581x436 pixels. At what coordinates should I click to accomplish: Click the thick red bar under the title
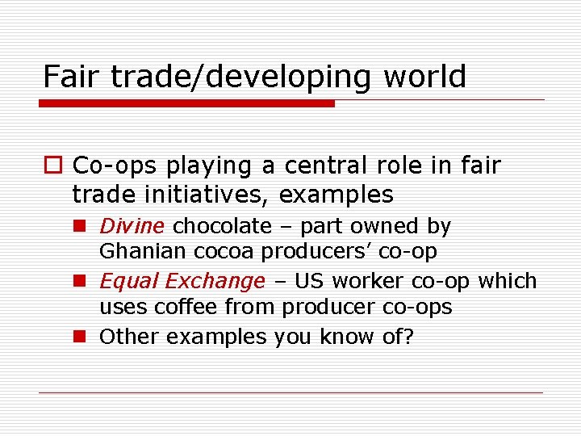click(x=186, y=103)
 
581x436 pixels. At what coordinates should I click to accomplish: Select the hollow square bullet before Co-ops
click(x=53, y=166)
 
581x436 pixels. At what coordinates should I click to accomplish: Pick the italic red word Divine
click(x=132, y=226)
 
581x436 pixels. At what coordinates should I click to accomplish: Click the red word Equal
click(x=129, y=281)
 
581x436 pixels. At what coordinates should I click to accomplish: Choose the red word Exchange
click(x=215, y=281)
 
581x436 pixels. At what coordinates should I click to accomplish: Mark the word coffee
click(x=186, y=307)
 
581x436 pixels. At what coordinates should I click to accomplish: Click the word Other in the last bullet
click(x=129, y=336)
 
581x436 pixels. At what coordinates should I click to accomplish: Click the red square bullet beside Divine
click(x=81, y=227)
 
